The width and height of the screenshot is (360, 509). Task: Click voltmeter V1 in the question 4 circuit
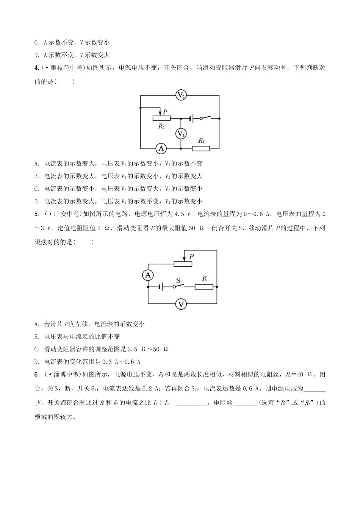[x=181, y=133]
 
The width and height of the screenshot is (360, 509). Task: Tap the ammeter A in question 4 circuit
[x=161, y=149]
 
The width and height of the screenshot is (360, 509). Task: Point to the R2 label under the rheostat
[x=161, y=126]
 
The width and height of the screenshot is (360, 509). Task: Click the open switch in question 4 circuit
[x=207, y=118]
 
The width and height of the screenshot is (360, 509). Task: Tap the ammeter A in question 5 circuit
[x=148, y=275]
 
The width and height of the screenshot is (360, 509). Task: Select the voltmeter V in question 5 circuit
[x=181, y=304]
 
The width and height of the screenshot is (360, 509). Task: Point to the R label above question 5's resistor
[x=204, y=278]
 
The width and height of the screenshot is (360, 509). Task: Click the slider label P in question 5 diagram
[x=192, y=256]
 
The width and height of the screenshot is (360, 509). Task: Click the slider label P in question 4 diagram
[x=165, y=111]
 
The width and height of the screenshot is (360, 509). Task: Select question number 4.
[x=36, y=68]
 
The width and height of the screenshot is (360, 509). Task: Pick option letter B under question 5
[x=36, y=336]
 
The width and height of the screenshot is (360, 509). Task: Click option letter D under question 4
[x=36, y=201]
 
